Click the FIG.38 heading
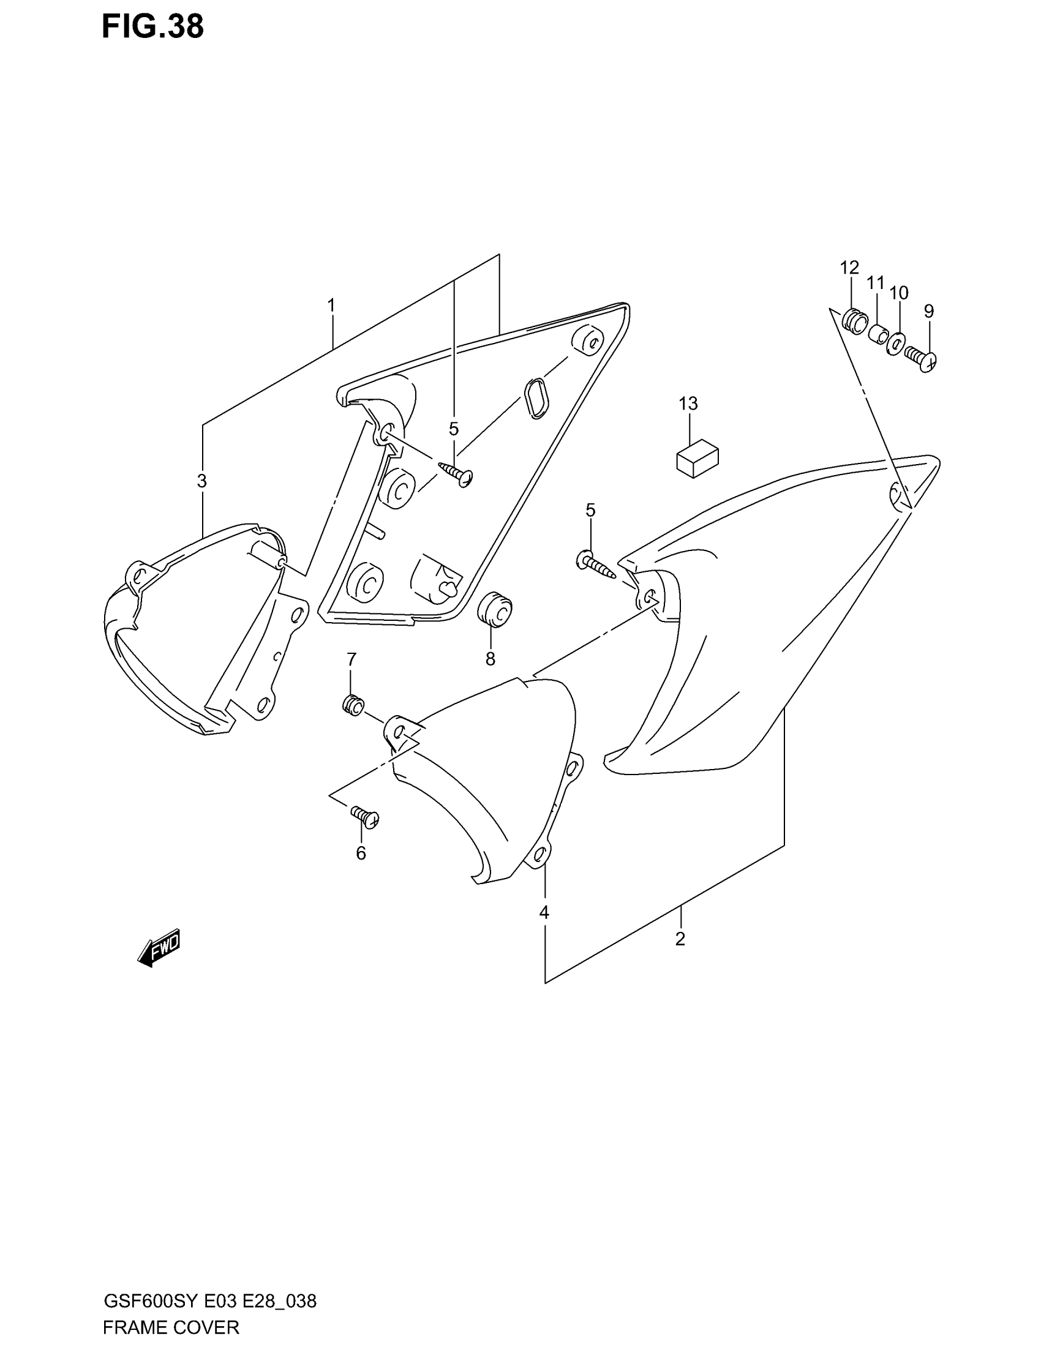point(152,28)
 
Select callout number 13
point(688,403)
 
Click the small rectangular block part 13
point(697,459)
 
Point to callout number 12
point(849,268)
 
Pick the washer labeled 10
point(896,344)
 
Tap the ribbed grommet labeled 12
point(855,321)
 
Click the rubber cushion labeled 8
point(495,610)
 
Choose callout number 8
point(490,659)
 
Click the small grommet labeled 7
point(353,705)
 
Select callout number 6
point(361,853)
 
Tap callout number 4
point(544,912)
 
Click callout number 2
point(680,939)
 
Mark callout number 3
point(201,481)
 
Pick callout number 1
point(331,306)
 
